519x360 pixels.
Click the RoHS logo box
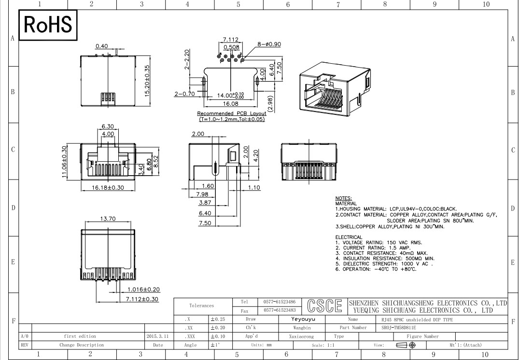pyautogui.click(x=48, y=25)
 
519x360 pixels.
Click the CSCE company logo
pyautogui.click(x=324, y=306)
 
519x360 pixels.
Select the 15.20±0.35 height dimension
pyautogui.click(x=147, y=81)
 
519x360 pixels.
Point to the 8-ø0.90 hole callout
pyautogui.click(x=269, y=44)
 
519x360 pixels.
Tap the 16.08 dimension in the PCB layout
pyautogui.click(x=230, y=104)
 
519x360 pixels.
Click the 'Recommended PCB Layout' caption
pyautogui.click(x=232, y=113)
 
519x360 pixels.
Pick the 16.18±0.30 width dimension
pyautogui.click(x=108, y=188)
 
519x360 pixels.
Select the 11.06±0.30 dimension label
pyautogui.click(x=64, y=162)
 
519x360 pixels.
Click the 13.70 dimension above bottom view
pyautogui.click(x=108, y=219)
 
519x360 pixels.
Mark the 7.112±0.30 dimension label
pyautogui.click(x=142, y=299)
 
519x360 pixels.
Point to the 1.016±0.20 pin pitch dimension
pyautogui.click(x=144, y=290)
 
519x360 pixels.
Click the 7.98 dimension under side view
pyautogui.click(x=202, y=194)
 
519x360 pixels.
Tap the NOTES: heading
pyautogui.click(x=344, y=198)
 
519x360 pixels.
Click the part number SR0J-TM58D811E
pyautogui.click(x=396, y=328)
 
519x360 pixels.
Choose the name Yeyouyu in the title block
pyautogui.click(x=303, y=319)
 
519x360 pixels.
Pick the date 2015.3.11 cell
pyautogui.click(x=157, y=336)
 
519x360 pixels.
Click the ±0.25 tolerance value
pyautogui.click(x=218, y=319)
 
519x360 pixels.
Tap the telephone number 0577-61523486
pyautogui.click(x=280, y=302)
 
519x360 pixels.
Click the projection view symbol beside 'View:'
pyautogui.click(x=406, y=345)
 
